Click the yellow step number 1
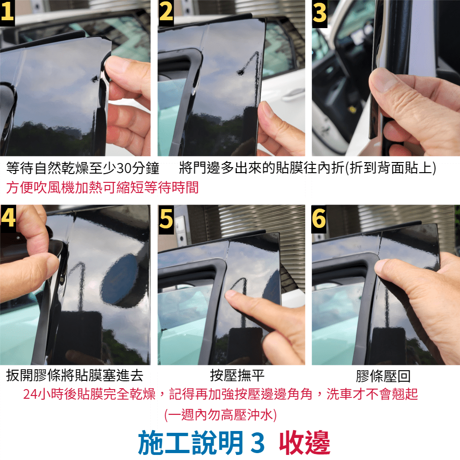click(7, 12)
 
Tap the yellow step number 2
click(166, 12)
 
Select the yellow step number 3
click(320, 13)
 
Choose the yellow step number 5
click(166, 219)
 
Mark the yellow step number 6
click(319, 219)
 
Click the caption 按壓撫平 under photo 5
click(237, 376)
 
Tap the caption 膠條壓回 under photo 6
click(383, 376)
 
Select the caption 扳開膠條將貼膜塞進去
click(75, 376)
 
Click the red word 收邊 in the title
click(305, 443)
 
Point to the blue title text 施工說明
click(191, 443)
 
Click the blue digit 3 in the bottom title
click(258, 443)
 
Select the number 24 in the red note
click(30, 394)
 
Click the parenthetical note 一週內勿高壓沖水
click(220, 415)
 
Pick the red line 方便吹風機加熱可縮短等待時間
click(102, 187)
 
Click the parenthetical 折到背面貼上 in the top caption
click(390, 168)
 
